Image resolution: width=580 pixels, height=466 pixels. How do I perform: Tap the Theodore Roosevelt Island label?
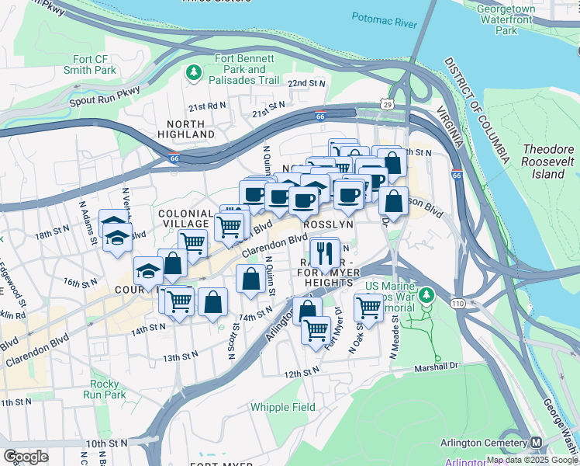(x=548, y=162)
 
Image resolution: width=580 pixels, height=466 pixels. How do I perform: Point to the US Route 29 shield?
(x=387, y=103)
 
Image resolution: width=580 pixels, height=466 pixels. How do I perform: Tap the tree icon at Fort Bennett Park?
(x=193, y=73)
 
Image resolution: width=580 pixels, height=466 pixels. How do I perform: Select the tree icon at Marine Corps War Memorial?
(x=426, y=296)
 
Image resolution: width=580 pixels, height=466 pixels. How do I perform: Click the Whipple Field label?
(x=282, y=407)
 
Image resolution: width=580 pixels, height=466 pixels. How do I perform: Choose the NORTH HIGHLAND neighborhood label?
(x=185, y=129)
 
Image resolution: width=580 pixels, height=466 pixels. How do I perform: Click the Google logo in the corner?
(x=26, y=457)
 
